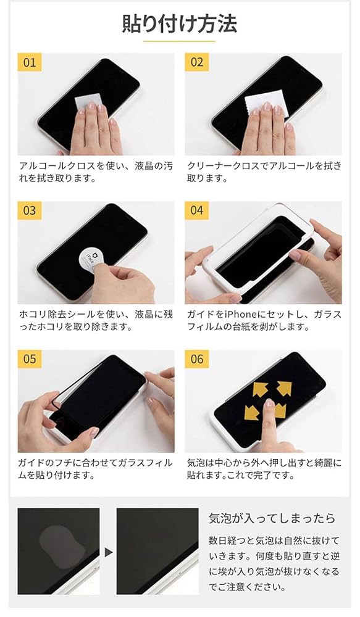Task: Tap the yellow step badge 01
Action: point(30,62)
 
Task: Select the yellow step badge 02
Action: point(197,62)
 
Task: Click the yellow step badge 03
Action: point(30,210)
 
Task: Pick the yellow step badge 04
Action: point(197,210)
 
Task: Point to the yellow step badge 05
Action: point(30,359)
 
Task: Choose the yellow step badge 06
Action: point(197,359)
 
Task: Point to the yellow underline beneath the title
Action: point(180,42)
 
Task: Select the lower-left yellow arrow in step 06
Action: point(251,412)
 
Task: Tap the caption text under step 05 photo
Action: point(95,469)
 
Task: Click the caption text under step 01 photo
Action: point(95,172)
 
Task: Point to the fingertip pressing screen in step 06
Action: point(269,404)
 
